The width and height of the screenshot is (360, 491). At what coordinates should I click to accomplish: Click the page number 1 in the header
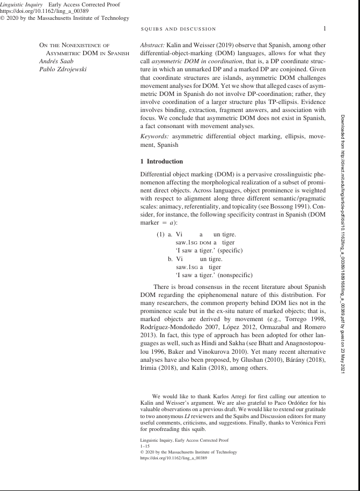tap(325, 28)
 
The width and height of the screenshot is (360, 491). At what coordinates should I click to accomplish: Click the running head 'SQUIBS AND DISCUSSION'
tap(179, 29)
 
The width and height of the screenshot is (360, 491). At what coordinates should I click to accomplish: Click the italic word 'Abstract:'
tap(153, 46)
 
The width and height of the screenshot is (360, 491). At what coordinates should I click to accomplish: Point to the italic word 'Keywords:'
tap(155, 137)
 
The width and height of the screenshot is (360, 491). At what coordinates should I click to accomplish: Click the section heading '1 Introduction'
tap(161, 161)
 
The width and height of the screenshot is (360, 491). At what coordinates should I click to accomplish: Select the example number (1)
tap(160, 234)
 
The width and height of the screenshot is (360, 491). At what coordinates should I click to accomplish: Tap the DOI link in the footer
tap(173, 458)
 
